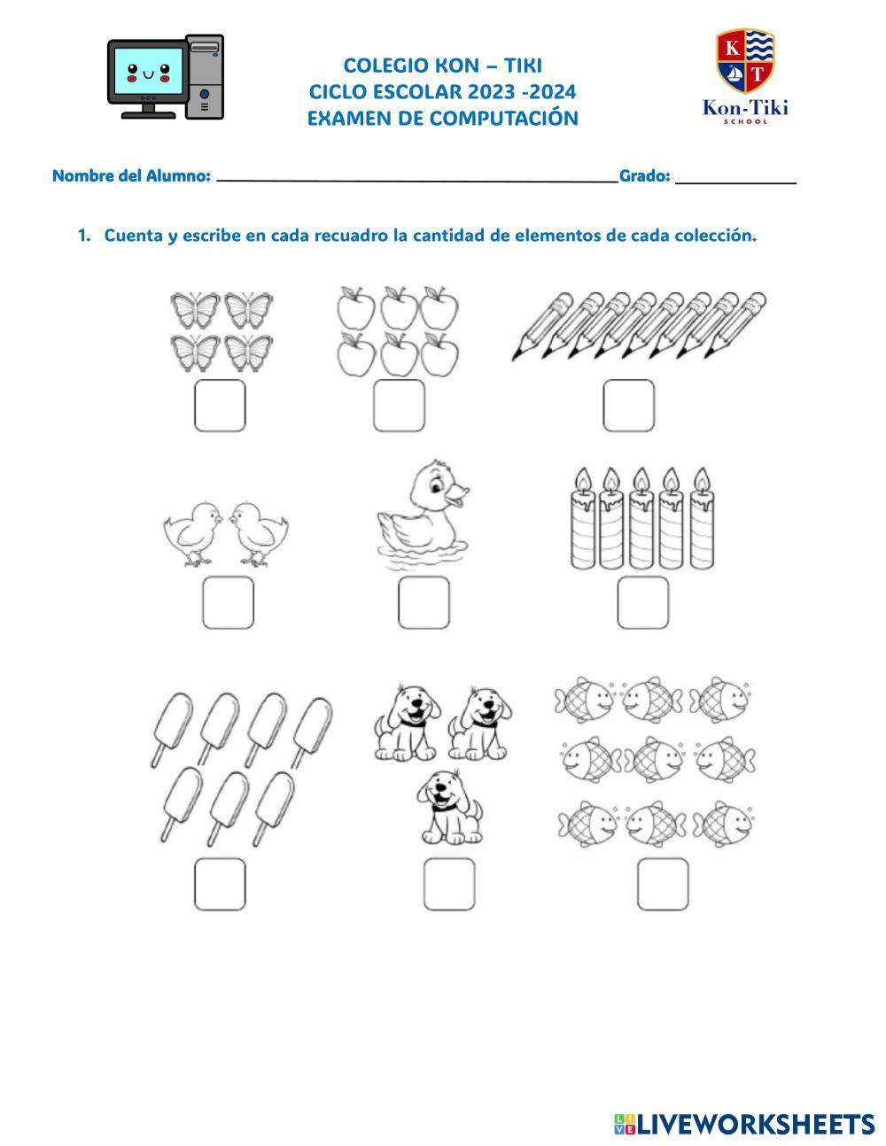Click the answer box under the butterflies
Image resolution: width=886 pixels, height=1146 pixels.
click(x=220, y=406)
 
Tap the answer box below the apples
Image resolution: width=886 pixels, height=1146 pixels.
click(x=399, y=406)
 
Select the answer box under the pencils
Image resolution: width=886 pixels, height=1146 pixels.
click(x=629, y=406)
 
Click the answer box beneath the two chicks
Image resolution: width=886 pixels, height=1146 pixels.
click(x=228, y=603)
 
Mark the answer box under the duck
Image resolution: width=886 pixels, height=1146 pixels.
click(x=424, y=603)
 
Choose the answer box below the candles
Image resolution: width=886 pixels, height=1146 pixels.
click(x=642, y=603)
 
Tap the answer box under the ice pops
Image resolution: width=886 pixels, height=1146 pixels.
click(x=220, y=884)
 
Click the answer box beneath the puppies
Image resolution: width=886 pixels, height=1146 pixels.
click(x=449, y=884)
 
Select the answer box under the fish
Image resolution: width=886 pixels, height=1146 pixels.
click(x=663, y=884)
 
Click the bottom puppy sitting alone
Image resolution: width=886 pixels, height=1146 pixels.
click(x=449, y=806)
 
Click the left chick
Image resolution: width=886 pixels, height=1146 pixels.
click(x=192, y=533)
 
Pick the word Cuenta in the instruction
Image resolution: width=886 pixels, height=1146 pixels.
click(x=134, y=236)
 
